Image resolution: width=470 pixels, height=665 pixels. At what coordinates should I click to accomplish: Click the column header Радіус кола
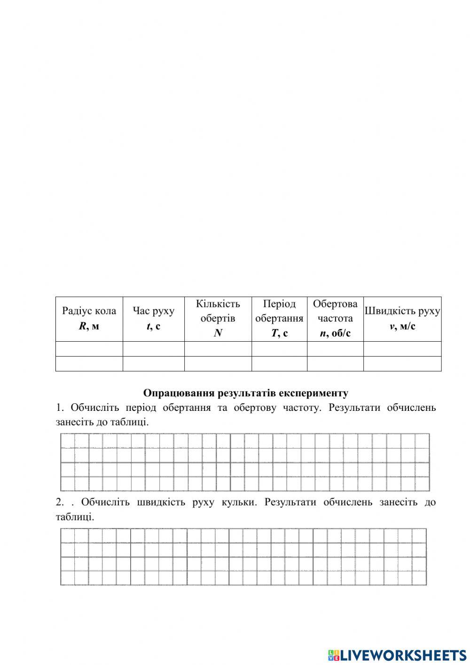89,311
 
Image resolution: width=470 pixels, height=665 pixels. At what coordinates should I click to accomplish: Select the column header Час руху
153,311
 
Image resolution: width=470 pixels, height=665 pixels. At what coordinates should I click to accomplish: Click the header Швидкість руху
402,311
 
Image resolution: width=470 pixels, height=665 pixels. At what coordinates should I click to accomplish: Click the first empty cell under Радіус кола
89,349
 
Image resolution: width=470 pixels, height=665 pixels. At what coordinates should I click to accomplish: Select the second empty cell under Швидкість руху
402,364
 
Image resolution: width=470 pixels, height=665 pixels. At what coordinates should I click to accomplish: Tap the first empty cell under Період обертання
279,349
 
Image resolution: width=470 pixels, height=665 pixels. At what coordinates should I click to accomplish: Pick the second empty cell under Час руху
153,364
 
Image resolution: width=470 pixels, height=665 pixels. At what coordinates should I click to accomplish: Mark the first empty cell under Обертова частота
335,349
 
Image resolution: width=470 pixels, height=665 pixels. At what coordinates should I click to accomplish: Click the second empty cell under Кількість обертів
218,364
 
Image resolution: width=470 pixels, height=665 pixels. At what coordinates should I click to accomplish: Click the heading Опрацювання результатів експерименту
245,393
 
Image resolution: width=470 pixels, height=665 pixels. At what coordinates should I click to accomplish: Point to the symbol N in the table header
218,333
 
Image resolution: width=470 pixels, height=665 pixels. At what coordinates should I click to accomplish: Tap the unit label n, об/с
335,333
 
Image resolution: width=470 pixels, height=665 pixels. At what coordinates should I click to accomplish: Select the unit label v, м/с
402,326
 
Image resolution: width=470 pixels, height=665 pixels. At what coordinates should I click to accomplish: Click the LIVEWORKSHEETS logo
397,655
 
